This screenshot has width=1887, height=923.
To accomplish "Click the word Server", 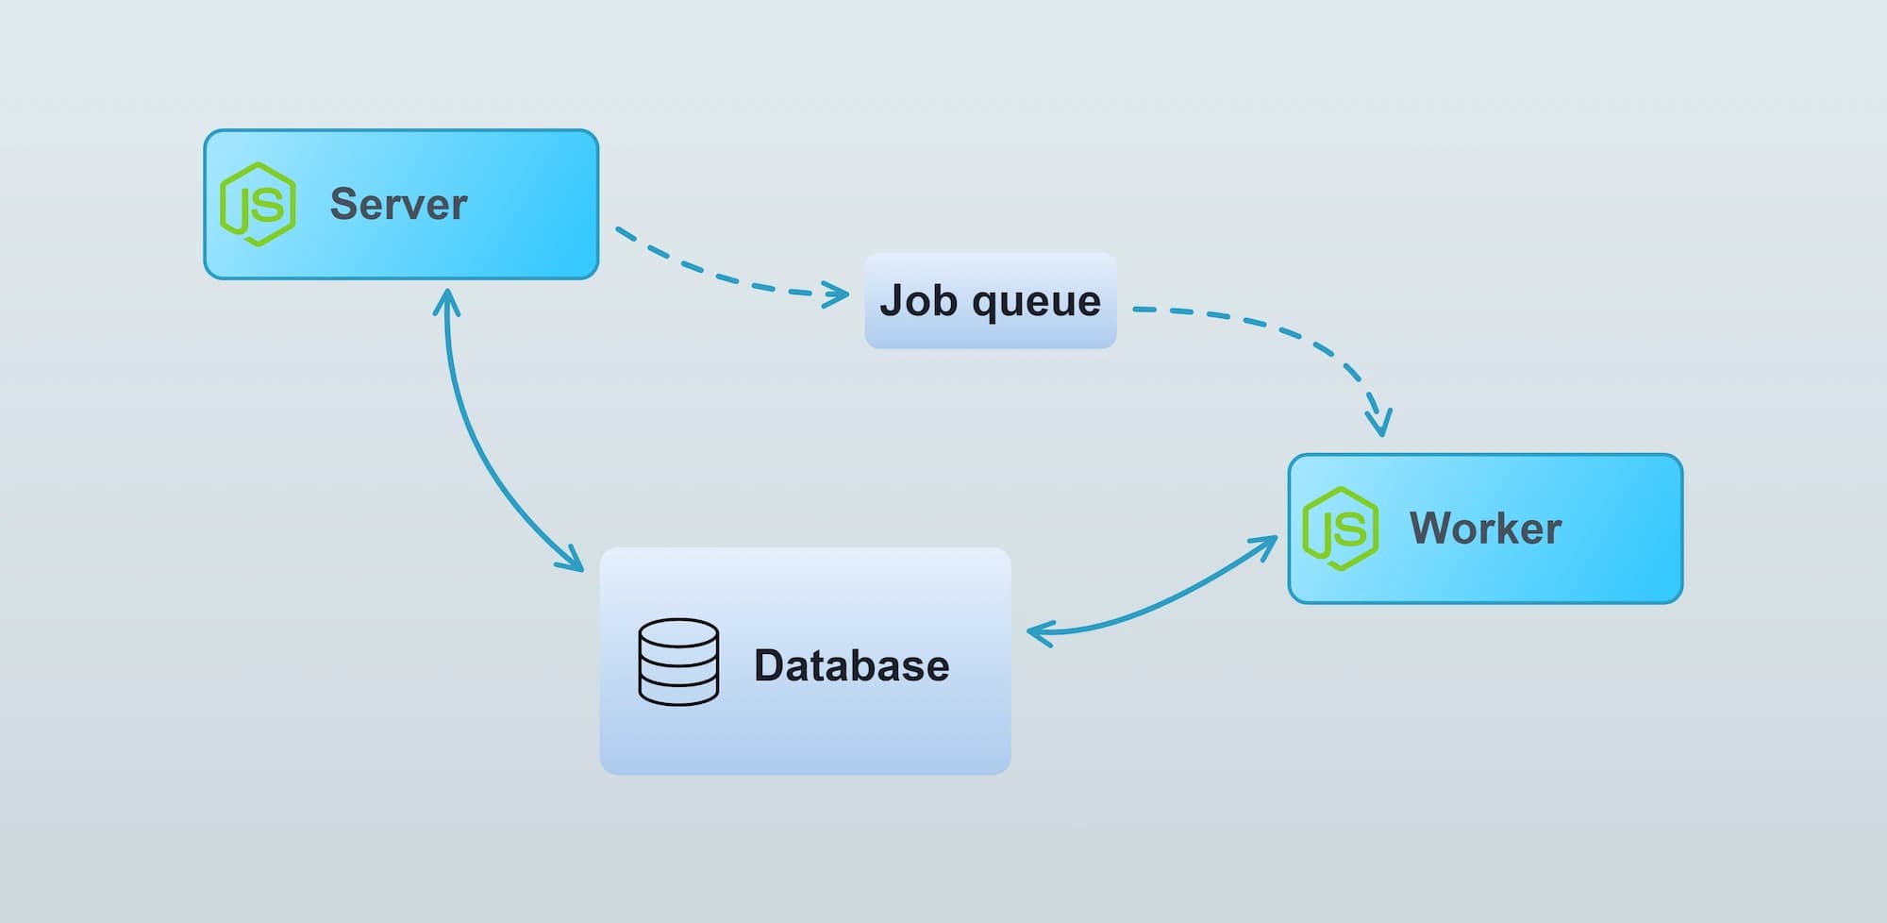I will pos(398,204).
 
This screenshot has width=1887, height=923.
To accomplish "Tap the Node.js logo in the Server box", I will pos(258,204).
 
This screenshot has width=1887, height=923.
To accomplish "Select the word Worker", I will pos(1485,528).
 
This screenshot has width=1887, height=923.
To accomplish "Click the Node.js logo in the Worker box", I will pos(1340,529).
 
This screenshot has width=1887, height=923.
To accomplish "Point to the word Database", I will pos(851,665).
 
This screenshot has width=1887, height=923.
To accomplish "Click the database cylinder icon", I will pos(678,662).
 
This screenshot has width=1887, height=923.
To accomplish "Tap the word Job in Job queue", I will pos(919,300).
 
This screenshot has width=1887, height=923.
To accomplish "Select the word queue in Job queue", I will pos(1036,302).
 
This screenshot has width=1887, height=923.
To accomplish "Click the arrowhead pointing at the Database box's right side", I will pos(1038,632).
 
